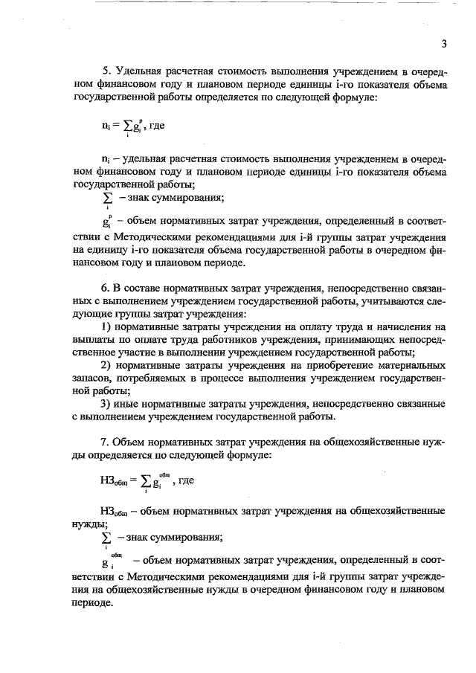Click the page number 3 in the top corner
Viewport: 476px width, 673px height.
pyautogui.click(x=443, y=43)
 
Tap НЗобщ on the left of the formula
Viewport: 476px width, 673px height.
pyautogui.click(x=112, y=481)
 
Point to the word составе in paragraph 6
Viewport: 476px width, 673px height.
pyautogui.click(x=143, y=288)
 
